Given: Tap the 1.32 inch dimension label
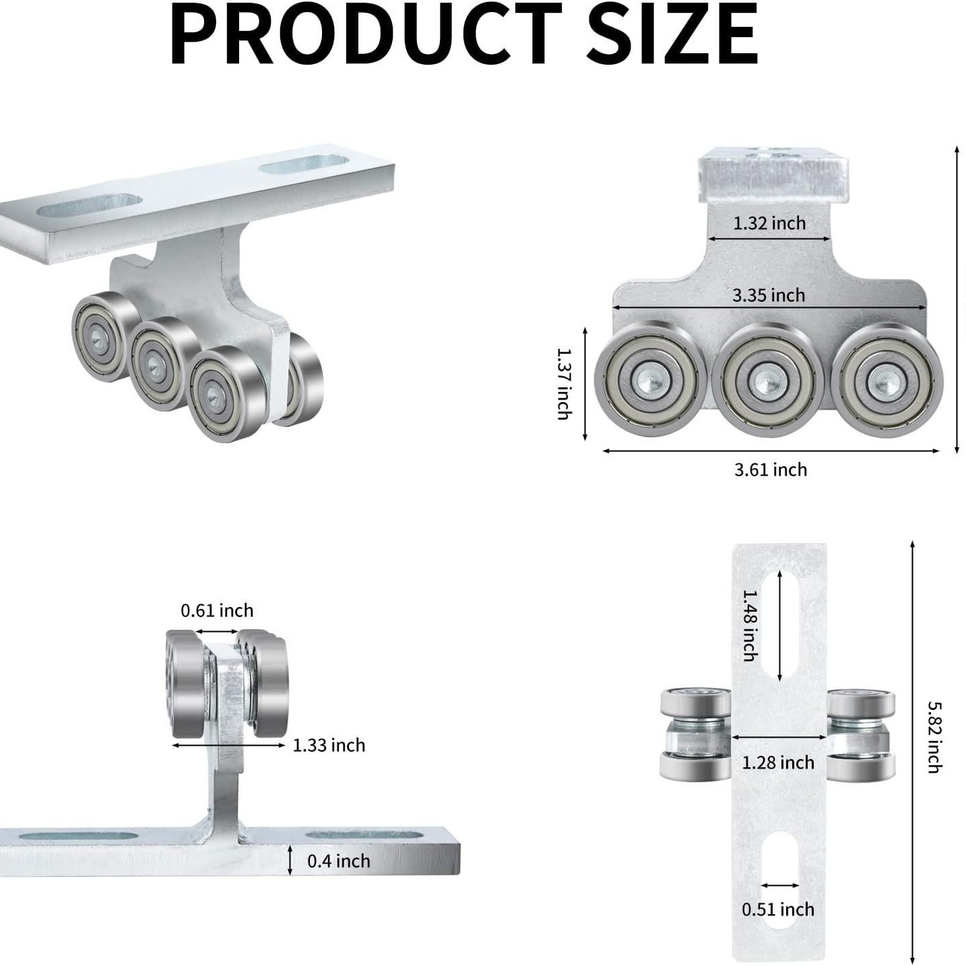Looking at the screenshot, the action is (769, 223).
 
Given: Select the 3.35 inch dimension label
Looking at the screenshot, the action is (769, 295).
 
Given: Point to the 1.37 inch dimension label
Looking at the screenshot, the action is (565, 384).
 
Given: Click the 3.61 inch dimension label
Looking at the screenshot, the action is (771, 470).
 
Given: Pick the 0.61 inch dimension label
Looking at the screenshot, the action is (217, 610).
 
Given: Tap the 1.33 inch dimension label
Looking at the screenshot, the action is (329, 745).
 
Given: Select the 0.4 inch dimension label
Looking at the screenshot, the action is (339, 861).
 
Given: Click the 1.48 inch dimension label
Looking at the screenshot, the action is (750, 625).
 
